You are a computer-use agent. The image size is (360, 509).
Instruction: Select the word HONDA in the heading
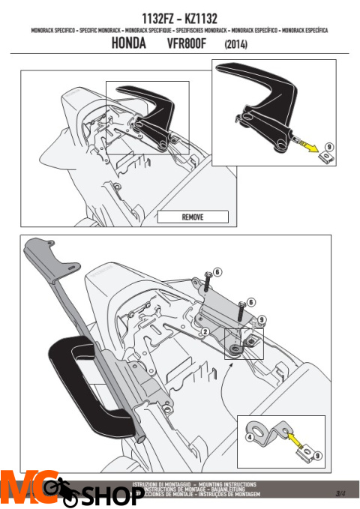[128, 45]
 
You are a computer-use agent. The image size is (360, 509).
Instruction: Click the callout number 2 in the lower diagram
[204, 331]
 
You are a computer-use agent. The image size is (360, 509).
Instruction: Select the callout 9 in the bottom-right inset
[316, 455]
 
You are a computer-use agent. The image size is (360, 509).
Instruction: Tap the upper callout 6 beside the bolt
[217, 271]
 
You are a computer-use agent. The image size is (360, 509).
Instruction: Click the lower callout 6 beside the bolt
[252, 301]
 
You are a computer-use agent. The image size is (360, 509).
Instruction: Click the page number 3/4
[341, 493]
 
